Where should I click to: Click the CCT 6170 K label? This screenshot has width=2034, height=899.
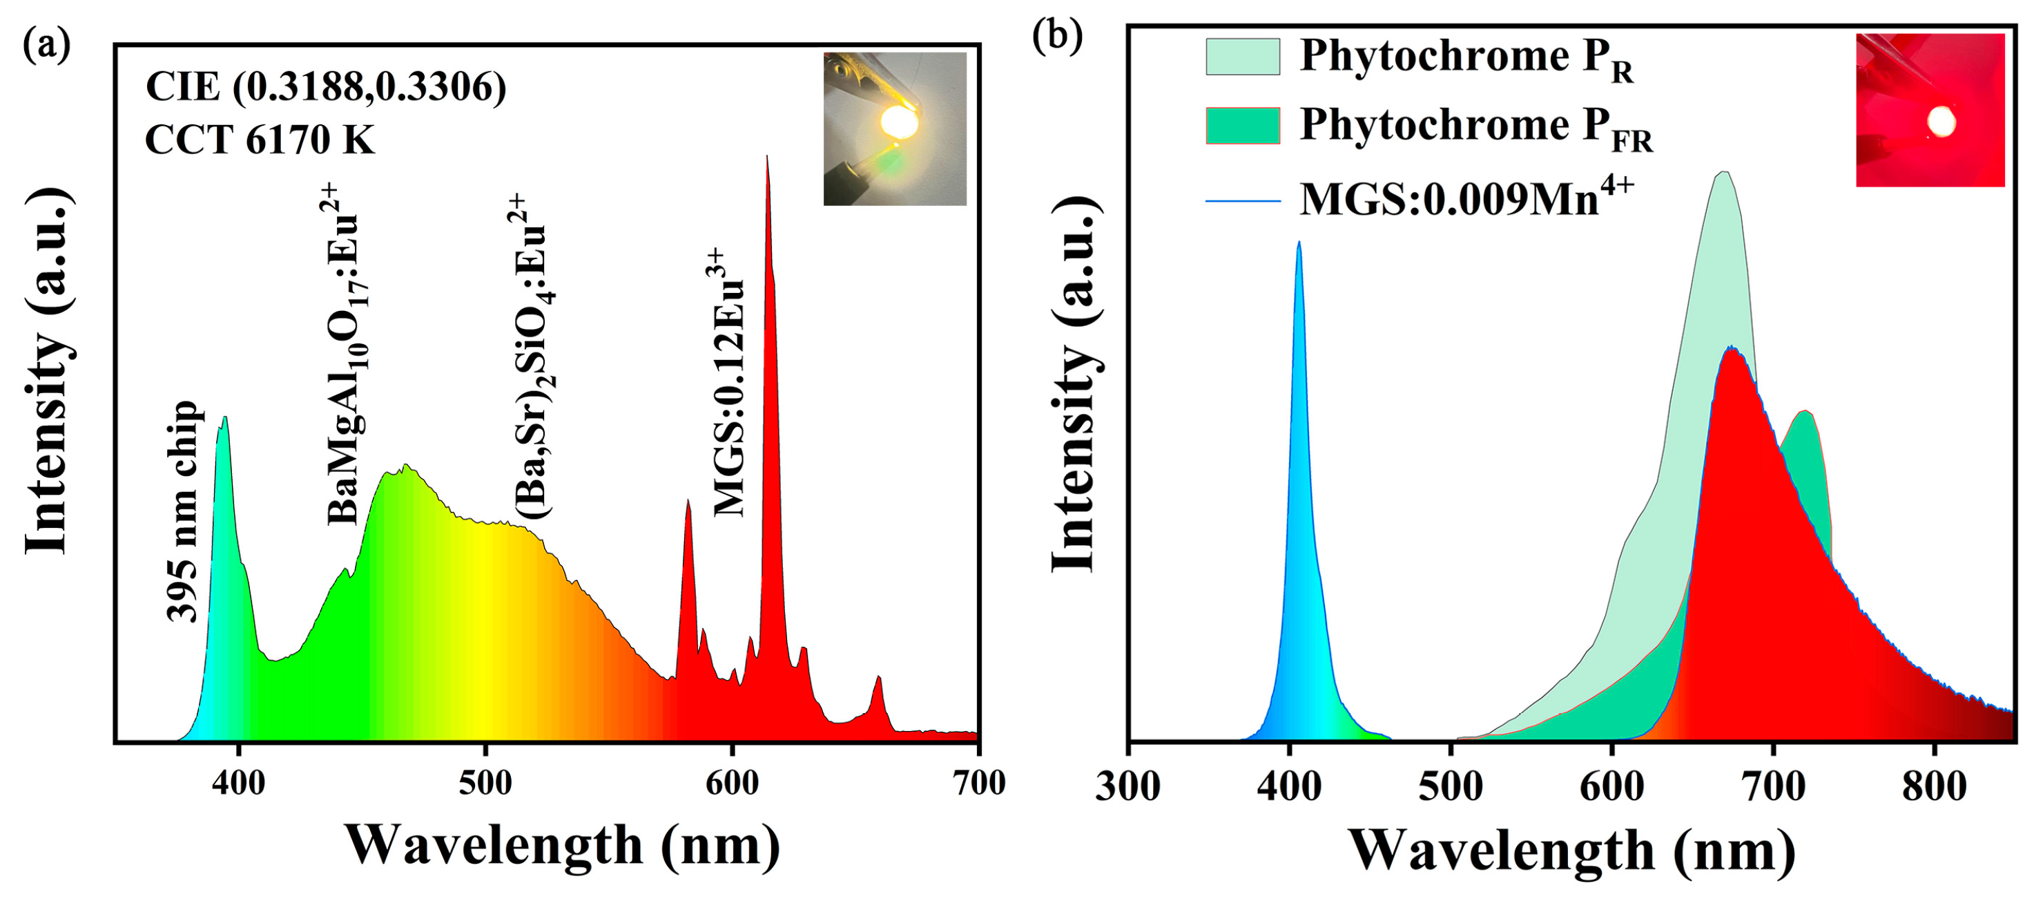(260, 140)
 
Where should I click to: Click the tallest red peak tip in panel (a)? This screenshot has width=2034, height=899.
(766, 158)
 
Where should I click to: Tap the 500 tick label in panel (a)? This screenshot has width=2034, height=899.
(485, 783)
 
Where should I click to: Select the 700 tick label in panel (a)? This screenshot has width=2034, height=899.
(979, 783)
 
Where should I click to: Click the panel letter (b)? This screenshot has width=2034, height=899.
(1057, 37)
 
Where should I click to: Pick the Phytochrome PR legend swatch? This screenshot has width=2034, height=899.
(1242, 57)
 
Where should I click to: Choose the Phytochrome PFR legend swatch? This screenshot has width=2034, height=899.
(1242, 126)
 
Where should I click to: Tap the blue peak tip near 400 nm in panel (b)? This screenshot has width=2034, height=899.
(1298, 243)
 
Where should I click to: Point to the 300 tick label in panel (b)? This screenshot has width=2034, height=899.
(1128, 787)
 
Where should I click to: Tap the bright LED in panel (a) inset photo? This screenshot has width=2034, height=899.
(900, 122)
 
